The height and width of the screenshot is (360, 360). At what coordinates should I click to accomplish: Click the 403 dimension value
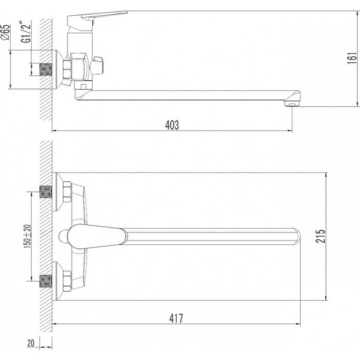click(x=172, y=125)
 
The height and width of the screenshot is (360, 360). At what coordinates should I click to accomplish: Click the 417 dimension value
click(x=176, y=318)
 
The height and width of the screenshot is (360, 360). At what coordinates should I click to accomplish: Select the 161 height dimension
click(x=352, y=59)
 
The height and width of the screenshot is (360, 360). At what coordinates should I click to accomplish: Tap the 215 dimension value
click(x=320, y=236)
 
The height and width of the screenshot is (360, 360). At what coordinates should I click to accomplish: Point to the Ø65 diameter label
click(x=6, y=32)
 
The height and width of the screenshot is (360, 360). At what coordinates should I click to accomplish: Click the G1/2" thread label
click(x=26, y=32)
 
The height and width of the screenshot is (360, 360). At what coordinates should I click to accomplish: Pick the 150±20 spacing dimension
click(x=27, y=236)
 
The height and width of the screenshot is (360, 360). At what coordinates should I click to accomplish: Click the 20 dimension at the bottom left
click(x=31, y=343)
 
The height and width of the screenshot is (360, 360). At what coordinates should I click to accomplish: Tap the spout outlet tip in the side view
click(x=292, y=104)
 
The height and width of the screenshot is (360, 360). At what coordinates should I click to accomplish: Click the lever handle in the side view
click(x=97, y=18)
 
